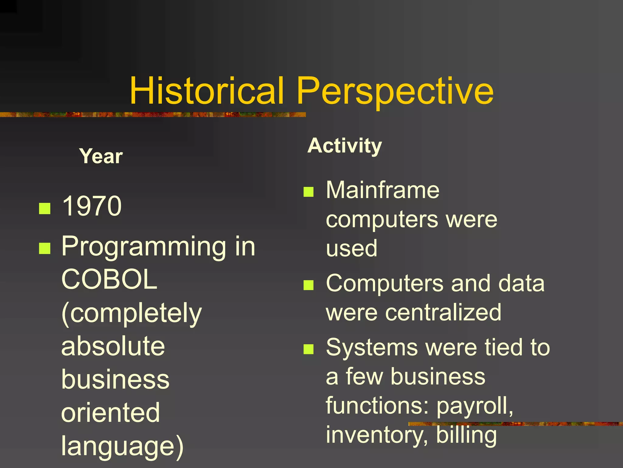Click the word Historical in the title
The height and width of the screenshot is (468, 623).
[207, 91]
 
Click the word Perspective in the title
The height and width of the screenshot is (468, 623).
[395, 91]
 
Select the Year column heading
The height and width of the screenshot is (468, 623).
[101, 156]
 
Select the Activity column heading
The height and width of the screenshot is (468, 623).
[344, 146]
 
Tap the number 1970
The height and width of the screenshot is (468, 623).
[92, 206]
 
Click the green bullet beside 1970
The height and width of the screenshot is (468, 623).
[45, 209]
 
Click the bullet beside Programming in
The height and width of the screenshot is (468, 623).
[45, 248]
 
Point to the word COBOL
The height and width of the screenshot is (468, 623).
[109, 279]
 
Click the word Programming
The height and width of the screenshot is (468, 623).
[144, 247]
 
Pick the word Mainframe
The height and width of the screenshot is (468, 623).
[382, 190]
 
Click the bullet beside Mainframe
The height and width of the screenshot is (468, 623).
[308, 192]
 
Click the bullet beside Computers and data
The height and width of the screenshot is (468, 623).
[308, 285]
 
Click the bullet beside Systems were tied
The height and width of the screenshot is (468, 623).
[308, 349]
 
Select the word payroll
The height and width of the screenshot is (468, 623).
[474, 406]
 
